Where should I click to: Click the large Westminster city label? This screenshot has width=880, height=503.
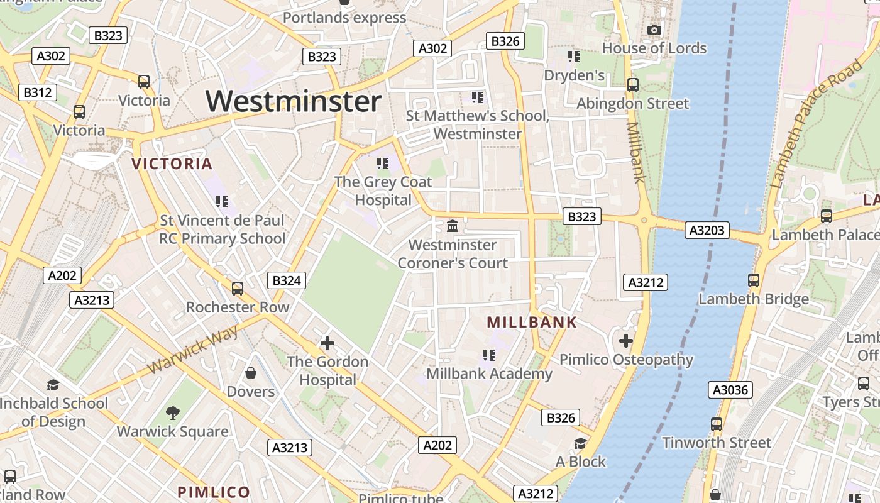294,101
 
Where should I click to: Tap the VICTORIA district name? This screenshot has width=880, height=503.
172,164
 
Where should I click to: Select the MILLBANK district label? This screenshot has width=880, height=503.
531,323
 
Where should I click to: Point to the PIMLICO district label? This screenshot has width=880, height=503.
214,492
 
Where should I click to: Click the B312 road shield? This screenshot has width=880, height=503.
37,92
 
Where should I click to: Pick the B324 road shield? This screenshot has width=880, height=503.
286,280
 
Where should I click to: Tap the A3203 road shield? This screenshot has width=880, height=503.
707,230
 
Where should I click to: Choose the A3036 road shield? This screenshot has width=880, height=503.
731,390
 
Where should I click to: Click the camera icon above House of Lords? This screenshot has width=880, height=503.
654,30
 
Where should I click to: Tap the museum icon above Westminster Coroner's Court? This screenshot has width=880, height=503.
452,226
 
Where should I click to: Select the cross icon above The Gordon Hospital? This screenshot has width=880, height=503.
327,343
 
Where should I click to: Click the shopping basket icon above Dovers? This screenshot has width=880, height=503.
251,373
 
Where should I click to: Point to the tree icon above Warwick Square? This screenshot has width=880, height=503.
173,413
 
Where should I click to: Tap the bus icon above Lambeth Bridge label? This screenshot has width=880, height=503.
754,280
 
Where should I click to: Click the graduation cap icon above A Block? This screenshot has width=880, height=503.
580,443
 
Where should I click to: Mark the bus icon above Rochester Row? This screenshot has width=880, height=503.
237,289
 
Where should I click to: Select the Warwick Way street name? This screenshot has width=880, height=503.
192,350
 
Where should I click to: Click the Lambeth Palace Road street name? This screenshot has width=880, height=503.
815,126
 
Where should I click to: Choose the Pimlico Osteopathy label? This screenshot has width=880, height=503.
626,360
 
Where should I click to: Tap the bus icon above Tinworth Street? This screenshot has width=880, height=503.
717,424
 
